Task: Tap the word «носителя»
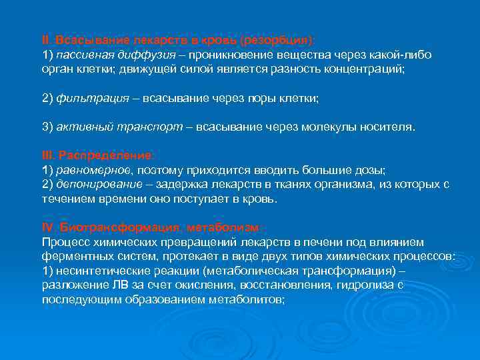click(380, 127)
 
